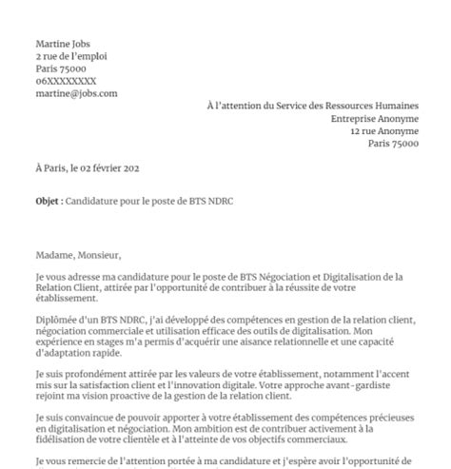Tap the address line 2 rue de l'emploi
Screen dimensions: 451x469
click(68, 56)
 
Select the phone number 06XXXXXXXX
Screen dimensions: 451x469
click(66, 81)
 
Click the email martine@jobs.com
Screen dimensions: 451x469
click(76, 93)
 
